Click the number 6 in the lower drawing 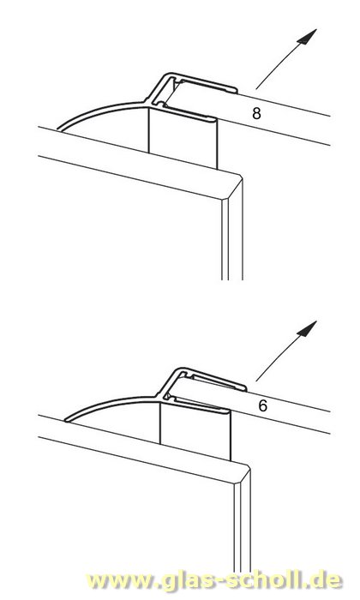261,409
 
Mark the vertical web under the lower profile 195,437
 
